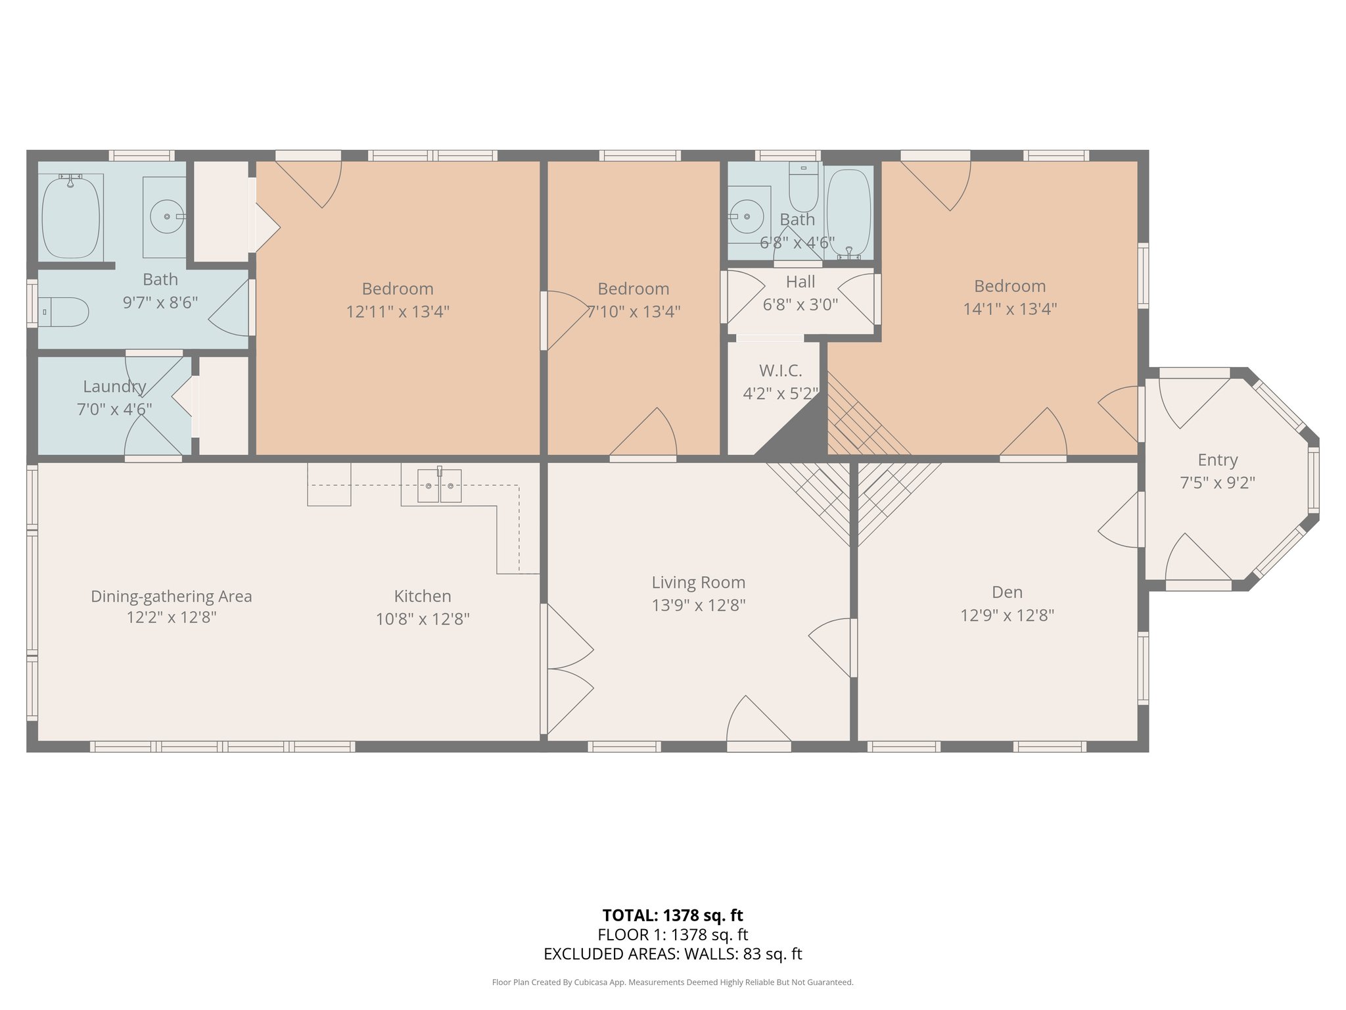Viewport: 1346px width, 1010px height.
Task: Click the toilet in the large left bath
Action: pyautogui.click(x=63, y=312)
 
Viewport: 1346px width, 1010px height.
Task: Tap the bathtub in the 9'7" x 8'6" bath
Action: pyautogui.click(x=71, y=216)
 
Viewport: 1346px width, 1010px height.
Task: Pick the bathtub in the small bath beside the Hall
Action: pyautogui.click(x=848, y=213)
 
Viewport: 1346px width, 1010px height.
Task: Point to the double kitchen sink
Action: pyautogui.click(x=439, y=485)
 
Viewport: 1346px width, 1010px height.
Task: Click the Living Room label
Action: pyautogui.click(x=699, y=583)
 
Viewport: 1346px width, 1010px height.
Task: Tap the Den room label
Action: pyautogui.click(x=1007, y=592)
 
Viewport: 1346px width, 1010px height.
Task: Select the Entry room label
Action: pyautogui.click(x=1217, y=460)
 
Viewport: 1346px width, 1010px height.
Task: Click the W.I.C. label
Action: pyautogui.click(x=780, y=371)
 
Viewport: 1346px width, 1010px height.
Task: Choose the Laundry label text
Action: pyautogui.click(x=114, y=387)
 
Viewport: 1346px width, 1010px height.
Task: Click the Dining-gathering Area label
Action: pyautogui.click(x=172, y=597)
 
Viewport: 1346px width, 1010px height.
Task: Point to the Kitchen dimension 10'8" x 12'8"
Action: pyautogui.click(x=423, y=619)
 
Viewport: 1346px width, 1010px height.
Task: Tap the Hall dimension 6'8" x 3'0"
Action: pyautogui.click(x=800, y=304)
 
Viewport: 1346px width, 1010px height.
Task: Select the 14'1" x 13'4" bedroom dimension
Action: pyautogui.click(x=1009, y=308)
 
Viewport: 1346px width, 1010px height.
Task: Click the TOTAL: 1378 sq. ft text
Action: pyautogui.click(x=672, y=915)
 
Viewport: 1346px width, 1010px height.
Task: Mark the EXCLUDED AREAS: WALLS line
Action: pyautogui.click(x=672, y=954)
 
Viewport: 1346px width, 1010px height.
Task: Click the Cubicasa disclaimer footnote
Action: pyautogui.click(x=672, y=982)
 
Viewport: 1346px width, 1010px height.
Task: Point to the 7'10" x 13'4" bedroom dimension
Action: pyautogui.click(x=633, y=311)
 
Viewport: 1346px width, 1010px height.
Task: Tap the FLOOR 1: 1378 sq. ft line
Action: pyautogui.click(x=672, y=934)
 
